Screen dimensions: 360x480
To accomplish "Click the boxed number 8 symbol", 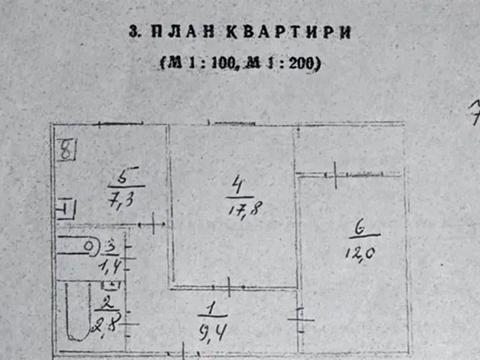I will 66,152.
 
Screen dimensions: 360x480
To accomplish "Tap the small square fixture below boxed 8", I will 66,209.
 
